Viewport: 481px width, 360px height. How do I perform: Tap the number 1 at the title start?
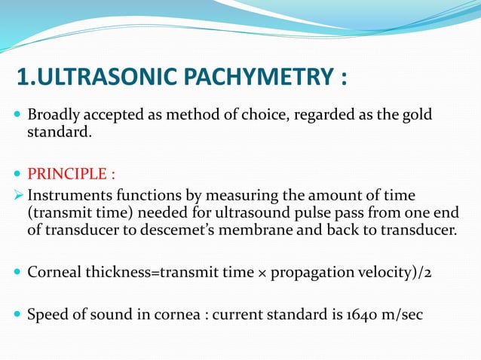(23, 78)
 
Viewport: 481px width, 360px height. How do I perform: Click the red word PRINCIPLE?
(66, 175)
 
